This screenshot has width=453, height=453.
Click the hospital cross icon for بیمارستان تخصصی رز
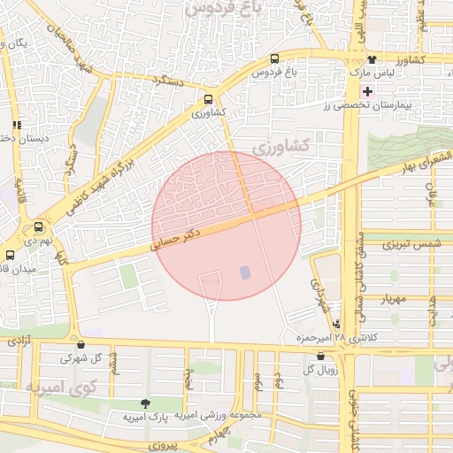click(368, 92)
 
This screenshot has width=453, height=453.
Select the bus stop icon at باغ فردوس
click(275, 59)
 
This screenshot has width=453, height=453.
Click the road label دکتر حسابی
click(181, 239)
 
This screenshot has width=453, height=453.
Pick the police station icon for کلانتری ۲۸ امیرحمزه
click(335, 325)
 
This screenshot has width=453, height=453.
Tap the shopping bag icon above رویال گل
click(320, 356)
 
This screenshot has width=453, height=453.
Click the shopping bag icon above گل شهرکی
click(81, 345)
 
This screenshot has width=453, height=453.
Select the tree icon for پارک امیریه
click(145, 403)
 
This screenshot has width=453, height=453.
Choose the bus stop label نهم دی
click(39, 240)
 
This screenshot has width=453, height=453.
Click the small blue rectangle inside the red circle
click(245, 273)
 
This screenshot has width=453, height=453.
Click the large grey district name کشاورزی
click(283, 145)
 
